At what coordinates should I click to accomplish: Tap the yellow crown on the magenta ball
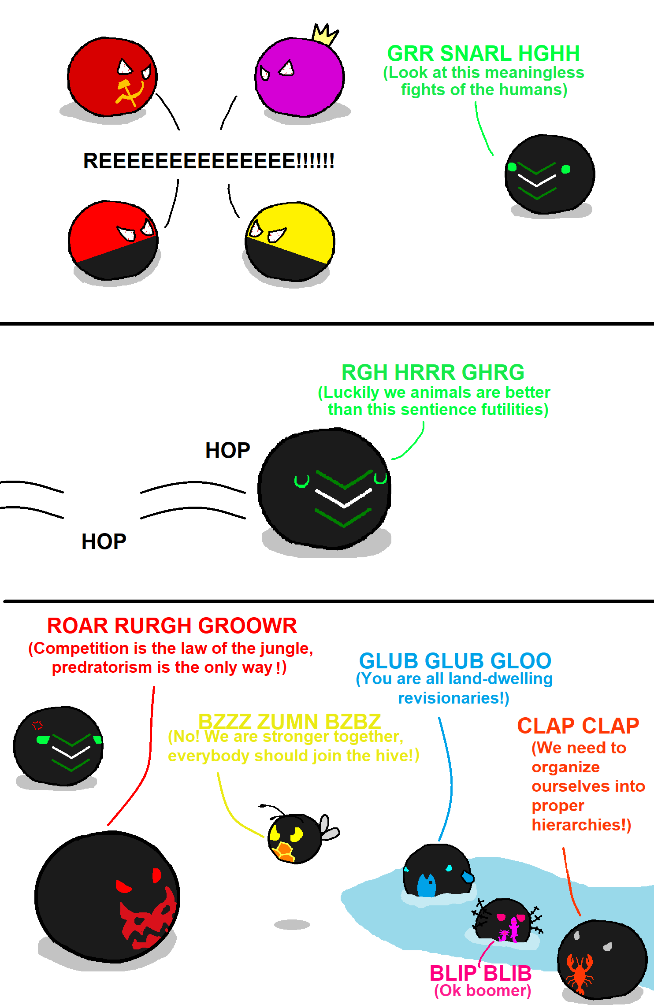(325, 34)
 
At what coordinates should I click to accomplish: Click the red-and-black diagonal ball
(114, 241)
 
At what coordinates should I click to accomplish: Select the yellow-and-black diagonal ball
(290, 242)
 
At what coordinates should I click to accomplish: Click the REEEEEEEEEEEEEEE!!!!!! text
(208, 161)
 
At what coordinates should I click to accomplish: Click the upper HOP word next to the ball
(227, 450)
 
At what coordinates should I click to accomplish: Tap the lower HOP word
(104, 541)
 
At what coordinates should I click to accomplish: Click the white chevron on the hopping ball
(344, 498)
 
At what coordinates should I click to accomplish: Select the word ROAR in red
(77, 626)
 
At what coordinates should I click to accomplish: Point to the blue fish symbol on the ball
(426, 884)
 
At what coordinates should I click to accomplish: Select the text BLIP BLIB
(480, 973)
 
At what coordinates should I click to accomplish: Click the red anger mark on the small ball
(37, 725)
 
